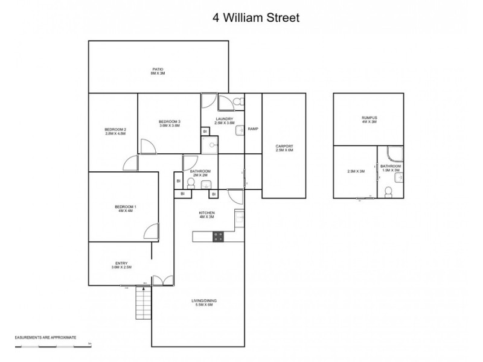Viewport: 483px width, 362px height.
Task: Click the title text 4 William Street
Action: pyautogui.click(x=255, y=17)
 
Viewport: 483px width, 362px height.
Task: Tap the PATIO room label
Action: pyautogui.click(x=158, y=69)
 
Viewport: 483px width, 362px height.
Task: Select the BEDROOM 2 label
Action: pyautogui.click(x=115, y=130)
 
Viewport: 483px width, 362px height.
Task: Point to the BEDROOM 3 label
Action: pyautogui.click(x=170, y=121)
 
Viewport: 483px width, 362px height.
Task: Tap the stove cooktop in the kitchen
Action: pyautogui.click(x=218, y=237)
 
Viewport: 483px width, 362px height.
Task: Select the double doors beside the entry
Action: pyautogui.click(x=161, y=280)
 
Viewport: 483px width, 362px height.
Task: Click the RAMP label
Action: pyautogui.click(x=253, y=129)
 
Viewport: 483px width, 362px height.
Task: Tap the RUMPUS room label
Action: pyautogui.click(x=369, y=118)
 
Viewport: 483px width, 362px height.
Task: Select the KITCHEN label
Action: pyautogui.click(x=207, y=213)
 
